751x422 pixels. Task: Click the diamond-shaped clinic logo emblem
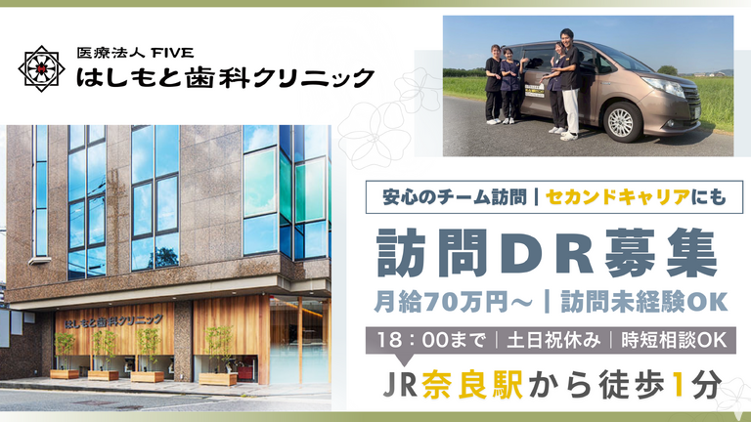click(42, 69)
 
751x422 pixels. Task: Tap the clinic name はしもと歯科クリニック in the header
click(225, 76)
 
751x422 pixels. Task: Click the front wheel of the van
click(622, 122)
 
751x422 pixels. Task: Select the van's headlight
click(665, 86)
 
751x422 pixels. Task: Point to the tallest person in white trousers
click(568, 84)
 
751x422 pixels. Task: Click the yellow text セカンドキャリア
click(618, 196)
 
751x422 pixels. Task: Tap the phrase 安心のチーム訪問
click(454, 196)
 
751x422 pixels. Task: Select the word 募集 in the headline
click(660, 253)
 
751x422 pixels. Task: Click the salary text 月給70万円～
click(453, 302)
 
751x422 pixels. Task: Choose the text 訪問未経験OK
click(643, 302)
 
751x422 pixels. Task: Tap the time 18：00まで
click(430, 340)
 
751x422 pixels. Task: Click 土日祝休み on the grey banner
click(552, 340)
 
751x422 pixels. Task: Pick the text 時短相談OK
click(674, 340)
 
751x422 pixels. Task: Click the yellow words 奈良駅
click(473, 384)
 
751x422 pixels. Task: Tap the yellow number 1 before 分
click(677, 384)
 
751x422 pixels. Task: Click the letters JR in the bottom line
click(400, 385)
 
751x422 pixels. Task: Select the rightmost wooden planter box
click(217, 379)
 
